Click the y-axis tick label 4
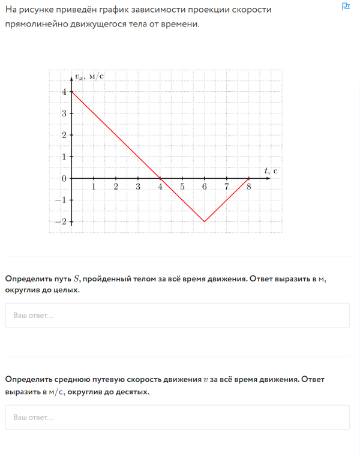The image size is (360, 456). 64,92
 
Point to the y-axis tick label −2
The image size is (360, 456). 61,222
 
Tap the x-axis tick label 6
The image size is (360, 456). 205,187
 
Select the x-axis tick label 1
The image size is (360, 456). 94,187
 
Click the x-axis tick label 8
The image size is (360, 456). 249,187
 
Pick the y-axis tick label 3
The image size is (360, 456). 64,113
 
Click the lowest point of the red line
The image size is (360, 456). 205,222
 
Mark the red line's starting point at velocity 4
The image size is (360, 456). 71,92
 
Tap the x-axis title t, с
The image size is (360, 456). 271,170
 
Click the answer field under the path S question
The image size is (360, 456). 177,315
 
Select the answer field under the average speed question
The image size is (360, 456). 177,417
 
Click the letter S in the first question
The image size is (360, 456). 76,278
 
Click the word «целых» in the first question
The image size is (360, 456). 66,290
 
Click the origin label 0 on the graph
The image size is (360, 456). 64,179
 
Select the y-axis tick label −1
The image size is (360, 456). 61,200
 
